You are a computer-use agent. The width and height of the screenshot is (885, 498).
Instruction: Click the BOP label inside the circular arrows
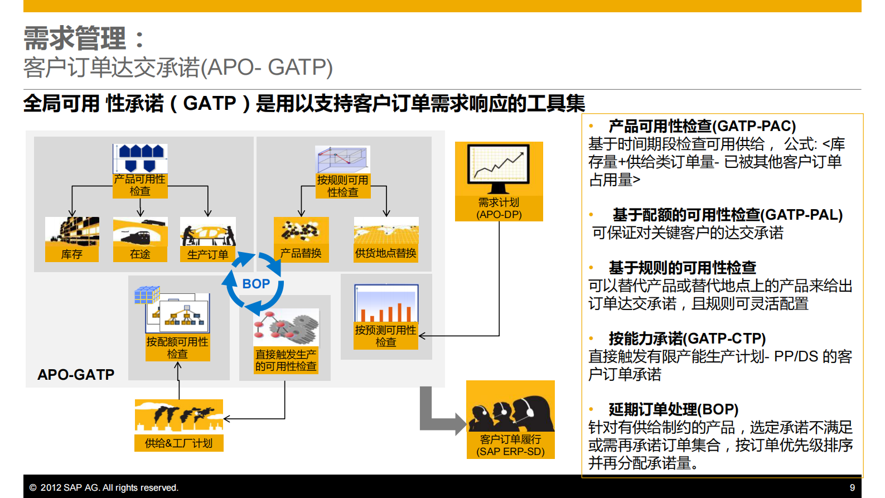click(x=256, y=284)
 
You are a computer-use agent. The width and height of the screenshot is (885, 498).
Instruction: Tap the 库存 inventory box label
click(x=72, y=254)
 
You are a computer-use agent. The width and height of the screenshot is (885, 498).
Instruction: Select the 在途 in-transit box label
click(x=140, y=254)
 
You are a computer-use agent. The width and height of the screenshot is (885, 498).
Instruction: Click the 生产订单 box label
click(x=207, y=254)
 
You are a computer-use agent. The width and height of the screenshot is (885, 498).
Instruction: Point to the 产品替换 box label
click(x=301, y=253)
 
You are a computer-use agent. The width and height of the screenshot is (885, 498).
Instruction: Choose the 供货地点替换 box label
click(x=385, y=253)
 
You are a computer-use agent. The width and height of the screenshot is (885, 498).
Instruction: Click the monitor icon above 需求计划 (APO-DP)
click(x=499, y=168)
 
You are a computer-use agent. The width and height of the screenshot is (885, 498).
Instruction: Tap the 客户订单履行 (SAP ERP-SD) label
click(x=510, y=446)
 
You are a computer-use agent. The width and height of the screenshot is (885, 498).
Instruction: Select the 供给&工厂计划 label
click(x=178, y=443)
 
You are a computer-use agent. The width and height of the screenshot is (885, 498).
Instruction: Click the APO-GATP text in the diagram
click(x=76, y=375)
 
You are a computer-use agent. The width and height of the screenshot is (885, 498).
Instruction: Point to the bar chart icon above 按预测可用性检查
click(x=386, y=304)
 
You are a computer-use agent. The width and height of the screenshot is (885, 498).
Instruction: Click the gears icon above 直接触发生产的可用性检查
click(x=287, y=327)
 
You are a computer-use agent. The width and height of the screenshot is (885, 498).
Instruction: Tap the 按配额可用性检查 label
click(x=177, y=348)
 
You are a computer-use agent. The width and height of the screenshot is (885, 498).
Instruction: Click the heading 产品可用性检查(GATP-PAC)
click(x=702, y=126)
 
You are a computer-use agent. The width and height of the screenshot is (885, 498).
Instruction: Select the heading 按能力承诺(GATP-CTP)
click(x=686, y=339)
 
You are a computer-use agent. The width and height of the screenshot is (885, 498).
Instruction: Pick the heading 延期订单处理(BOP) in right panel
click(x=673, y=409)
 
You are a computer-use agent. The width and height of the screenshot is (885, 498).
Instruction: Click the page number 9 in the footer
click(x=852, y=487)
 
